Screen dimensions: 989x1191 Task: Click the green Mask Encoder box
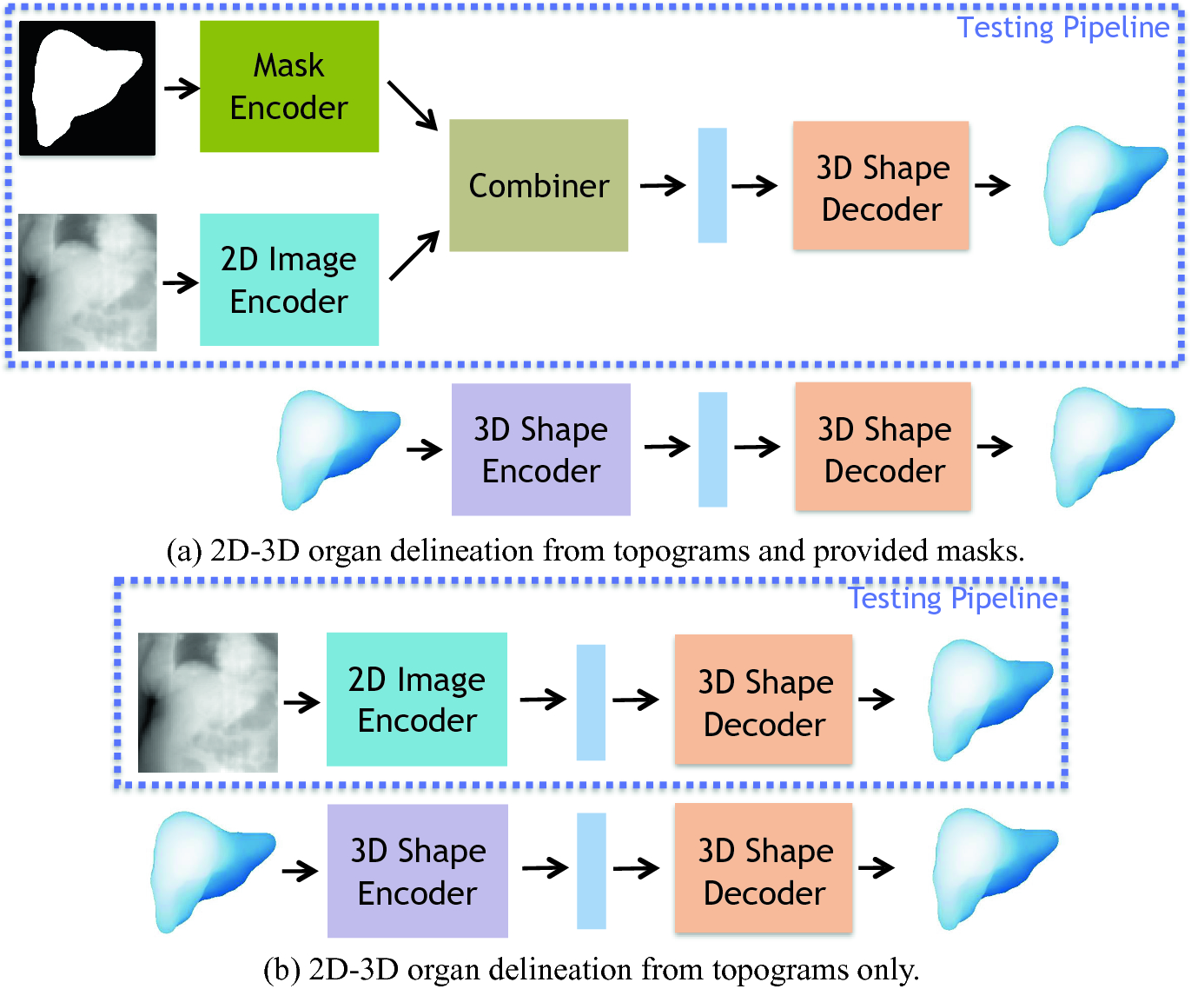[288, 86]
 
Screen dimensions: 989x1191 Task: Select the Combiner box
[539, 185]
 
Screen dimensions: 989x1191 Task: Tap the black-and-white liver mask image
[87, 88]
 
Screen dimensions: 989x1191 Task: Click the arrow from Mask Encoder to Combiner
[412, 105]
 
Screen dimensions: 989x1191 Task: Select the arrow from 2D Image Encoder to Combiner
[414, 256]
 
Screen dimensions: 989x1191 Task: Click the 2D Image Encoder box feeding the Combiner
[288, 280]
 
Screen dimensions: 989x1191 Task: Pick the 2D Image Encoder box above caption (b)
[416, 700]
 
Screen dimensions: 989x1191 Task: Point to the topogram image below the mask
[87, 282]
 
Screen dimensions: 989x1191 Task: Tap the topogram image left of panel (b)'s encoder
[208, 702]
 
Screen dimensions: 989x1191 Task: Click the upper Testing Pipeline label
[1062, 28]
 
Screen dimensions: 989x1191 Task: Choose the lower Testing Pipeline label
[952, 598]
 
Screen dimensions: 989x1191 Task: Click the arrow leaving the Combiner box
[663, 185]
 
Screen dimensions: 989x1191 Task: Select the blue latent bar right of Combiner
[712, 185]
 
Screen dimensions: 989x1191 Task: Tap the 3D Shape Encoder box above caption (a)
[540, 449]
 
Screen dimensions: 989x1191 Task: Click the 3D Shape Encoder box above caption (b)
[417, 871]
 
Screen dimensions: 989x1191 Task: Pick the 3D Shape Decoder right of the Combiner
[881, 186]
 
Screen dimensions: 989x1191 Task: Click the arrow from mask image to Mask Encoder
[182, 88]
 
